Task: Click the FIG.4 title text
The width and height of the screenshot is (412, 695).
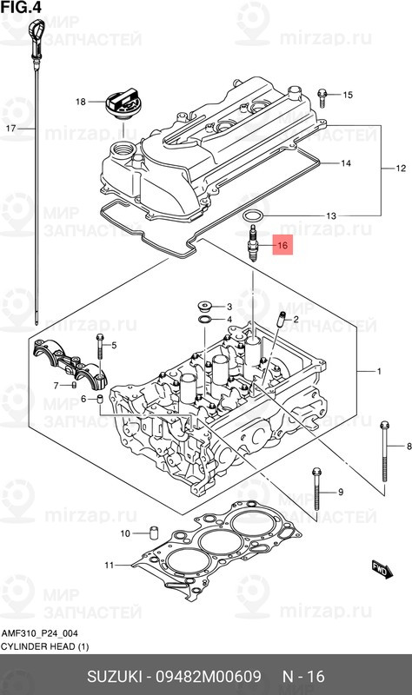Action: pyautogui.click(x=20, y=8)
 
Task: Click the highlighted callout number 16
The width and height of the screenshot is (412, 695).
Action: pyautogui.click(x=282, y=246)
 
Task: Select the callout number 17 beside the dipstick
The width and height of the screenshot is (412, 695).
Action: pyautogui.click(x=11, y=128)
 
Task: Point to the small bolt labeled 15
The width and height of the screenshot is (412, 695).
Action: pyautogui.click(x=322, y=94)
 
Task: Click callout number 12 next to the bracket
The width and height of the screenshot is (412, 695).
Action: pyautogui.click(x=401, y=167)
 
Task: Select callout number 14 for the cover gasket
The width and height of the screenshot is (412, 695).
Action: pyautogui.click(x=345, y=163)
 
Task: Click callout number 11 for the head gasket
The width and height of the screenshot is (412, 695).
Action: pyautogui.click(x=110, y=566)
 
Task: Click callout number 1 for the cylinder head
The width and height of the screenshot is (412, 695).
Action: pyautogui.click(x=378, y=372)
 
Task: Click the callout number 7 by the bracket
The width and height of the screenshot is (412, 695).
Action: pyautogui.click(x=56, y=385)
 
